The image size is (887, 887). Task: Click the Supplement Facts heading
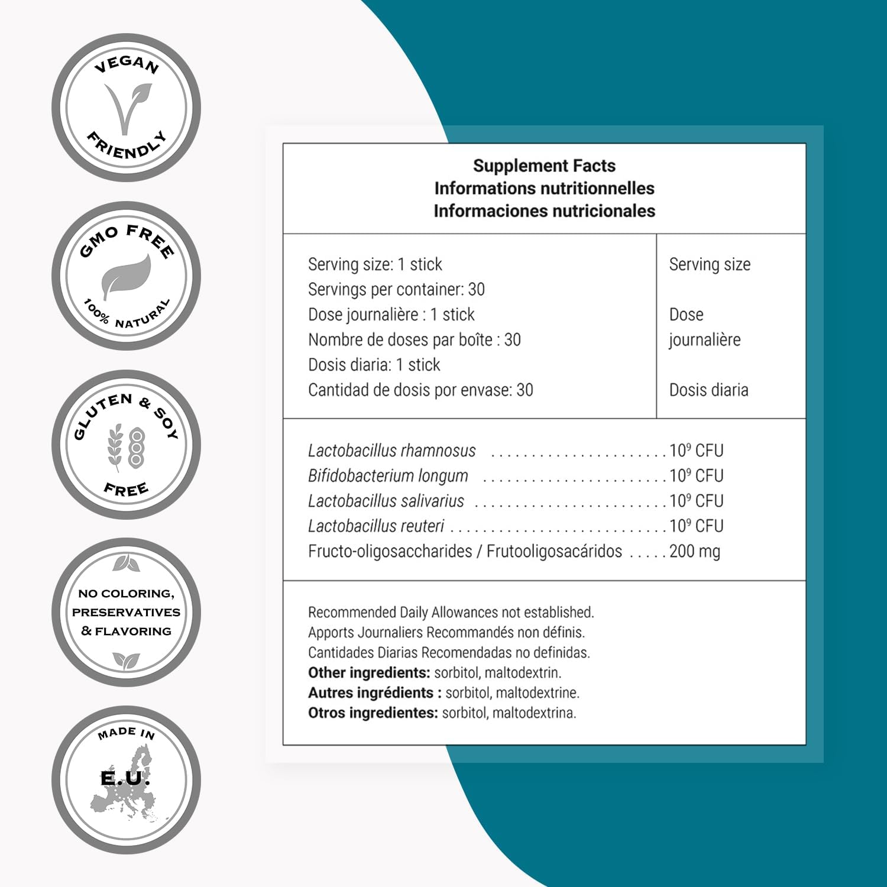pos(544,166)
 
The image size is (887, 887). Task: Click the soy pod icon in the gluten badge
pos(137,446)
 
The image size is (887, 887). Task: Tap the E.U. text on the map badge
pos(125,778)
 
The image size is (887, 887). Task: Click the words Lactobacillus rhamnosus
pos(391,451)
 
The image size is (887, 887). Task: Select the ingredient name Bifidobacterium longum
pos(388,476)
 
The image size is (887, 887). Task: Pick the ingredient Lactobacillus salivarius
pos(386,501)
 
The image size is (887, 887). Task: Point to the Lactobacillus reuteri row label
pos(375,526)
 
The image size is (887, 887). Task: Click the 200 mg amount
pos(695,552)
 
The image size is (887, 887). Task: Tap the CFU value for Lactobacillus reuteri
pos(696,526)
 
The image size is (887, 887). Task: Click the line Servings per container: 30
pos(396,290)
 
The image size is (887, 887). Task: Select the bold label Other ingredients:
pos(369,673)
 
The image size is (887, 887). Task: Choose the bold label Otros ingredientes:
pos(373,713)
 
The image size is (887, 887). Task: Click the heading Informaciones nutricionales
pos(544,211)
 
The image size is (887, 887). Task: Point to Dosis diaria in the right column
pos(708,390)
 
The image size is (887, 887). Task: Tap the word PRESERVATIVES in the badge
pos(126,613)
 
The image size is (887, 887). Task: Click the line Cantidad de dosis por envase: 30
pos(420,390)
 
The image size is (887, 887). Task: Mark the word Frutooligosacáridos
pos(554,552)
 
